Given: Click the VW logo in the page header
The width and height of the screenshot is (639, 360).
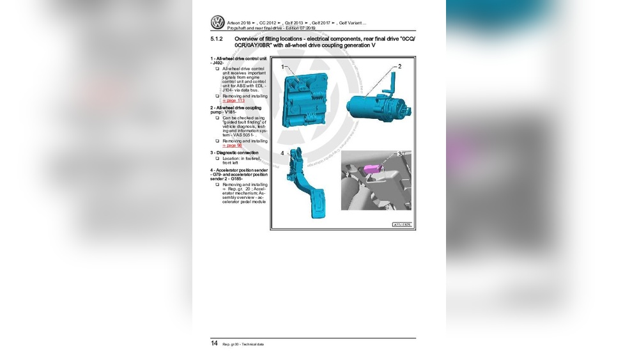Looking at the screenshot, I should (217, 23).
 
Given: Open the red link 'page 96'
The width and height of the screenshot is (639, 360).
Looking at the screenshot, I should (233, 145).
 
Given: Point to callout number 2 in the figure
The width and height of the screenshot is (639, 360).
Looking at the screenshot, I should (399, 67).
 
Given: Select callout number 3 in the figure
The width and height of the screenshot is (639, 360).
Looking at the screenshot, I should (400, 153).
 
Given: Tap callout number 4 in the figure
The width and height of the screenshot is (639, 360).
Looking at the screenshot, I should (282, 153).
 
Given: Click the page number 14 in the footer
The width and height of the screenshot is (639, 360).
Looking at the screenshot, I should (215, 343).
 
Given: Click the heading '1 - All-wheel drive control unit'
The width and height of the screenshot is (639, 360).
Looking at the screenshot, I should (238, 59).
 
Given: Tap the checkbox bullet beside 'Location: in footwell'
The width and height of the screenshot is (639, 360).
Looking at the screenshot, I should (217, 158).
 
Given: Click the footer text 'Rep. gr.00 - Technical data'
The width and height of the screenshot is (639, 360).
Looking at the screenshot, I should (243, 344).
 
